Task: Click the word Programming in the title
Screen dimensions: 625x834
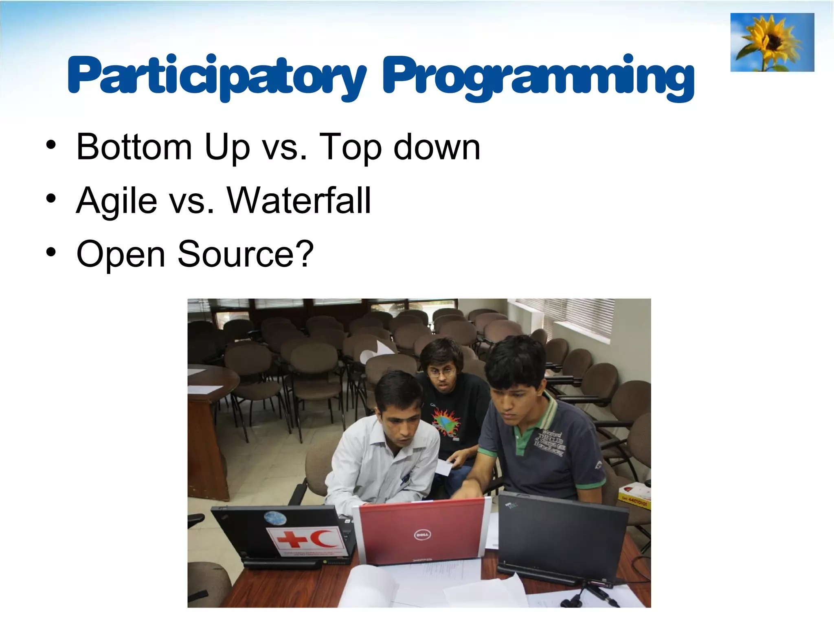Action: (538, 77)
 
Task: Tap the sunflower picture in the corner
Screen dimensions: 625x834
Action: (772, 42)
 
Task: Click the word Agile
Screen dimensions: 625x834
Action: (116, 201)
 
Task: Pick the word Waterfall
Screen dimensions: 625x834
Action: (299, 200)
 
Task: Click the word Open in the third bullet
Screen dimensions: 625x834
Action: (121, 255)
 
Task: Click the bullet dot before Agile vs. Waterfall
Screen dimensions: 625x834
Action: (51, 199)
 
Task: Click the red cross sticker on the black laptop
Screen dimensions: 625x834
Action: (292, 540)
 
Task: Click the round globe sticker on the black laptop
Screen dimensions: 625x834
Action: (275, 518)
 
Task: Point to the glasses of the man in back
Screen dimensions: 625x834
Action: (442, 372)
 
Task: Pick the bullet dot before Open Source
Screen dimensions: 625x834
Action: (51, 252)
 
